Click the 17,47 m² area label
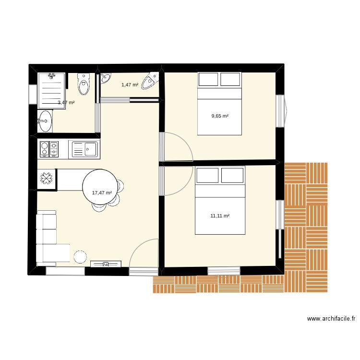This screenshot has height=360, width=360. click(102, 193)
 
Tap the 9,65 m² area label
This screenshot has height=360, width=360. click(220, 116)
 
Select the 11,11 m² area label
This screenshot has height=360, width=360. click(220, 216)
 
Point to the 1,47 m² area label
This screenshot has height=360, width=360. click(130, 84)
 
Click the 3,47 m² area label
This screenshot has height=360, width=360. click(66, 102)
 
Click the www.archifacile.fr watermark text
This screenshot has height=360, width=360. click(331, 319)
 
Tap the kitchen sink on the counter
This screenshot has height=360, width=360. click(84, 149)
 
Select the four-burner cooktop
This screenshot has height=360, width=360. click(49, 149)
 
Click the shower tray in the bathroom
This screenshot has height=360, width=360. click(52, 91)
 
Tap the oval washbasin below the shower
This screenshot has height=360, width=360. click(45, 121)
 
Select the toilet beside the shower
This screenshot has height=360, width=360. click(84, 84)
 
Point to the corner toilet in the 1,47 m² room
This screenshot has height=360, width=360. click(150, 81)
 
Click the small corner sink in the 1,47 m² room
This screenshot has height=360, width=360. click(106, 78)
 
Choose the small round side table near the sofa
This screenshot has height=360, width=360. click(80, 257)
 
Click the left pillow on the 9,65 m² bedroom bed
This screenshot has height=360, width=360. click(208, 79)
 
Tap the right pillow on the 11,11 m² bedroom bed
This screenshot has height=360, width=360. click(232, 175)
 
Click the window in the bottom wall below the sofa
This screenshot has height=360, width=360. click(65, 271)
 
